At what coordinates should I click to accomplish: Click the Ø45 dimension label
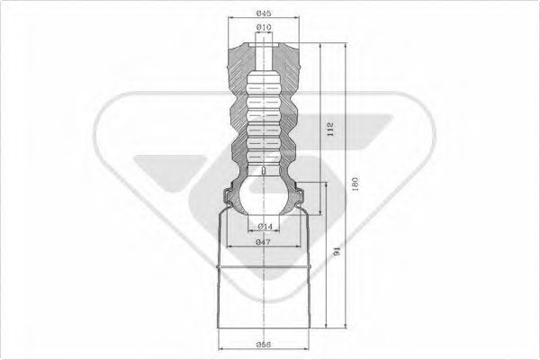[x=263, y=13]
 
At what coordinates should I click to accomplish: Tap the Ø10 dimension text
[x=263, y=29]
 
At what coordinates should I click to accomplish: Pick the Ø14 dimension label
[x=265, y=226]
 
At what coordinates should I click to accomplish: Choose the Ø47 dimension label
[x=263, y=242]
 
